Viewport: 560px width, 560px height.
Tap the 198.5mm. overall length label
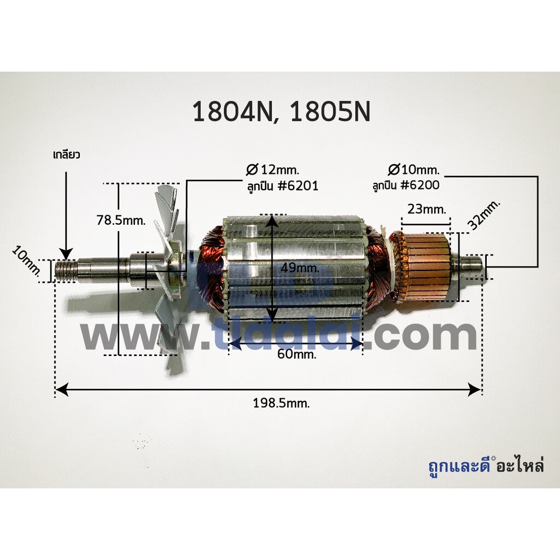point(282,403)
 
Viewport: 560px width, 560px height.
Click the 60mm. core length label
point(297,354)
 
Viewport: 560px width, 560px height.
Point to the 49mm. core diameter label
point(300,267)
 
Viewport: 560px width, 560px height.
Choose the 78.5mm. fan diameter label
point(121,220)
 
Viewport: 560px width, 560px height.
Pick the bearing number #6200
point(420,185)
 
